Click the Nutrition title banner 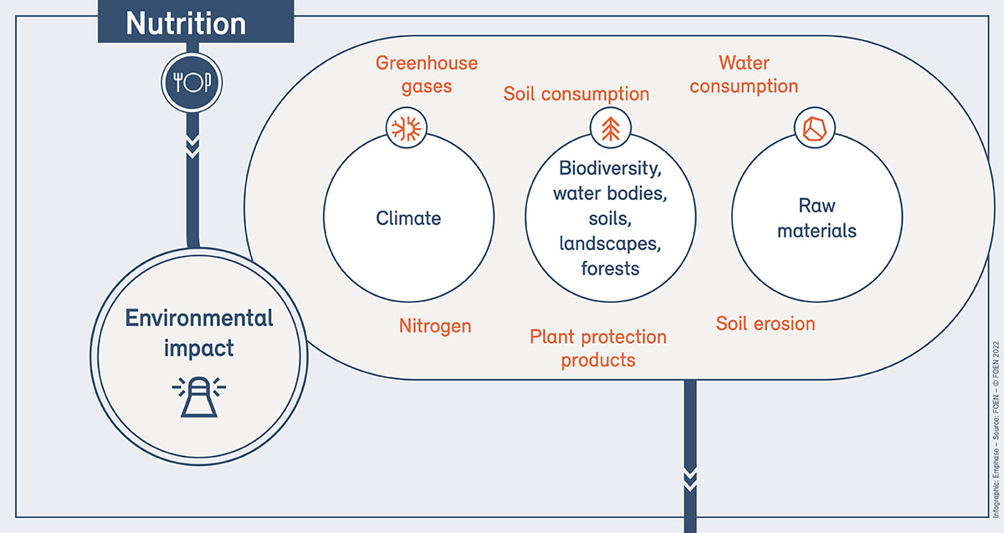tap(196, 22)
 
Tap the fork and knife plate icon tap(192, 83)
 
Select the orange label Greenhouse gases tap(426, 74)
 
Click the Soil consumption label tap(576, 95)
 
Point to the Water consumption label tap(744, 74)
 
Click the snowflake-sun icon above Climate tap(407, 128)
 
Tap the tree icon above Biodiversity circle tap(611, 128)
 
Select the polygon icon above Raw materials tap(814, 128)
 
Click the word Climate tap(408, 218)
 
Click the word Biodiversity tap(610, 168)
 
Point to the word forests tap(610, 269)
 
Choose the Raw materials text tap(817, 218)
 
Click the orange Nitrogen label tap(435, 325)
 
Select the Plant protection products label tap(598, 348)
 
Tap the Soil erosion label tap(766, 324)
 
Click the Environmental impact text tap(199, 333)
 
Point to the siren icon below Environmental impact tap(199, 397)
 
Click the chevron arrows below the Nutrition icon tap(192, 147)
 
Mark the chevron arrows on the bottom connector tap(690, 480)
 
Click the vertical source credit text tap(996, 429)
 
